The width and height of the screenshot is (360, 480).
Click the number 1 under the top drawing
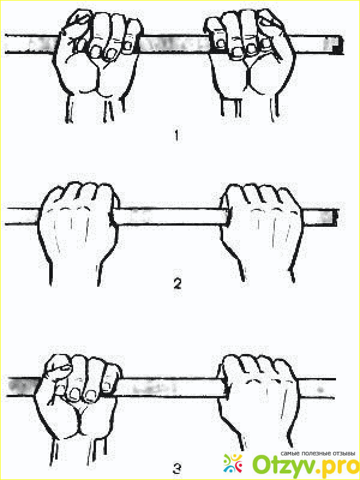(176, 136)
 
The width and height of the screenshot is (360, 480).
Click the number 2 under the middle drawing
(178, 284)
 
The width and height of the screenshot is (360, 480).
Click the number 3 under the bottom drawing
(178, 468)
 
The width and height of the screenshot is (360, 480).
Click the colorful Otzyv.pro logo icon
(233, 463)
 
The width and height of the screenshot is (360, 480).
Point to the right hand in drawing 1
(250, 64)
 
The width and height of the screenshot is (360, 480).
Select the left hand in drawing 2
(79, 233)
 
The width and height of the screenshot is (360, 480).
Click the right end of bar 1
(342, 44)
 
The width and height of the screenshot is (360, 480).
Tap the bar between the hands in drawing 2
(170, 217)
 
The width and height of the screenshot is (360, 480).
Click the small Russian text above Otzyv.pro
(317, 454)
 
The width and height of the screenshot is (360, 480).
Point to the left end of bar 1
(6, 44)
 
